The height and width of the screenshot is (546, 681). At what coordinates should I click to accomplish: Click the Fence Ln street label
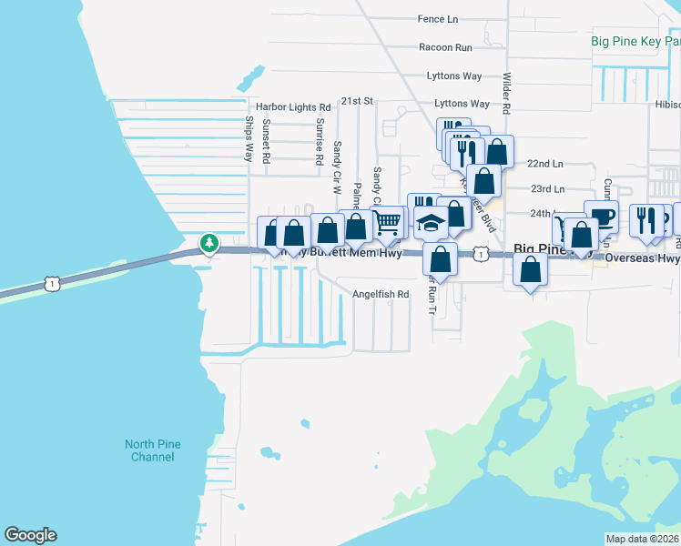438,19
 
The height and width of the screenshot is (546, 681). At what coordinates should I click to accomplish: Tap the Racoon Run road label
446,47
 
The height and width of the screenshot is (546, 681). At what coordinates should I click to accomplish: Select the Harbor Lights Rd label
293,106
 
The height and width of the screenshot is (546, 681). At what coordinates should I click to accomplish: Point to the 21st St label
358,101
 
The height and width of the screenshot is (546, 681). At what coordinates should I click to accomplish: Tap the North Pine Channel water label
153,450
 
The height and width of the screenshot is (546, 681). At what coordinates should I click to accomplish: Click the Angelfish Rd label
381,295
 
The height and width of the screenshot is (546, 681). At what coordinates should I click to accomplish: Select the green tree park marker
210,243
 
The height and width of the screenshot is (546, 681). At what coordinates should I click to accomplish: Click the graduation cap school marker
430,221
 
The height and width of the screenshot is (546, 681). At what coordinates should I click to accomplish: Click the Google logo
30,535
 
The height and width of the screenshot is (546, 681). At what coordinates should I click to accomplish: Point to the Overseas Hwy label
643,258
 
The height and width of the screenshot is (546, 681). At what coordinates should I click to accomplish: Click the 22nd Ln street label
545,164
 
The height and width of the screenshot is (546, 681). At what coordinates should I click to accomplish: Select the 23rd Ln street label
546,189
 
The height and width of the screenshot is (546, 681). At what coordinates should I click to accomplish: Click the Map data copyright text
642,539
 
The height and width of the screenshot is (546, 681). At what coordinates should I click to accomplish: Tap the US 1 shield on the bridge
53,285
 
